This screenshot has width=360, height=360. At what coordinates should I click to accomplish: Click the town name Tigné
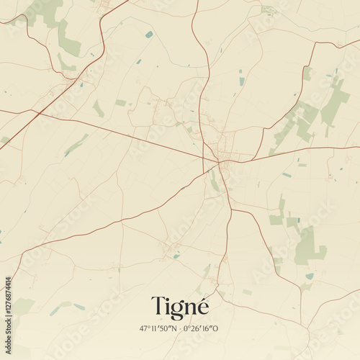(x=180, y=306)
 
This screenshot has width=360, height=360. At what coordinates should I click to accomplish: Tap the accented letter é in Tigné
(x=202, y=305)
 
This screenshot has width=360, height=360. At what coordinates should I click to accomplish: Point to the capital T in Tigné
(x=157, y=305)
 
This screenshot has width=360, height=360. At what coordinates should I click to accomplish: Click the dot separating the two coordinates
(x=180, y=328)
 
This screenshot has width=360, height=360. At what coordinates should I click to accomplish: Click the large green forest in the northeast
(x=334, y=101)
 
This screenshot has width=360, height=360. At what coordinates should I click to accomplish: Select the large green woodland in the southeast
(x=310, y=246)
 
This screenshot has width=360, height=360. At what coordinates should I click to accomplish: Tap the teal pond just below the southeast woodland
(x=310, y=276)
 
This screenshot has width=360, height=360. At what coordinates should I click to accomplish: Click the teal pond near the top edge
(x=148, y=34)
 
